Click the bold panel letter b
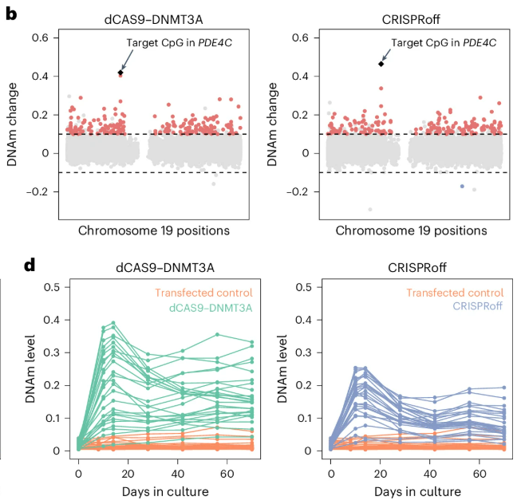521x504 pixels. tap(11, 14)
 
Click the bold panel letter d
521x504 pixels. tap(11, 263)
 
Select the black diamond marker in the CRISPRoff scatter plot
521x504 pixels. tap(381, 64)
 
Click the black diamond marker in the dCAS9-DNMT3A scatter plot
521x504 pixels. tap(120, 73)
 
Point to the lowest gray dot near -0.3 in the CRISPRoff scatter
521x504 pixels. tap(369, 210)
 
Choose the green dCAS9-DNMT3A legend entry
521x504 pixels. tap(211, 306)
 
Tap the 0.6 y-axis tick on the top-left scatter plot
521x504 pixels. tap(49, 38)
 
